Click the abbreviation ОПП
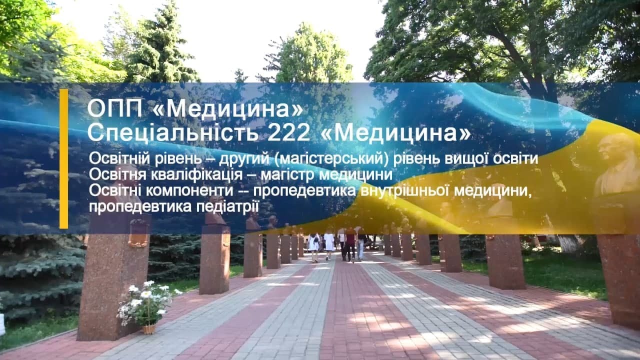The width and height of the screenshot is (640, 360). [114, 109]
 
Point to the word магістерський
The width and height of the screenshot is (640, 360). [331, 159]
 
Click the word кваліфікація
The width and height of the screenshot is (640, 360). [197, 175]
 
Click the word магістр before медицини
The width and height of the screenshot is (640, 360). [288, 175]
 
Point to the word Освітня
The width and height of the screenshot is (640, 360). [118, 174]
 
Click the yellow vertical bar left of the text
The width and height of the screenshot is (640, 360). [63, 159]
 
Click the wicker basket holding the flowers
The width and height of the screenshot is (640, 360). [149, 329]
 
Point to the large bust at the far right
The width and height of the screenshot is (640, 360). [617, 165]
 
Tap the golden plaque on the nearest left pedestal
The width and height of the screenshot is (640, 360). [138, 233]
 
